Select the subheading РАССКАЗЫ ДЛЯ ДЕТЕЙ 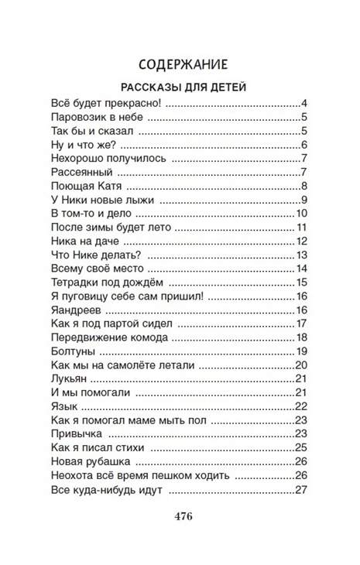coord(180,87)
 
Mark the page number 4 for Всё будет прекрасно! coord(305,104)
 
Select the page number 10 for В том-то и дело coord(303,214)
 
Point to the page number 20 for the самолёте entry coord(302,365)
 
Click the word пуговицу coord(85,296)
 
